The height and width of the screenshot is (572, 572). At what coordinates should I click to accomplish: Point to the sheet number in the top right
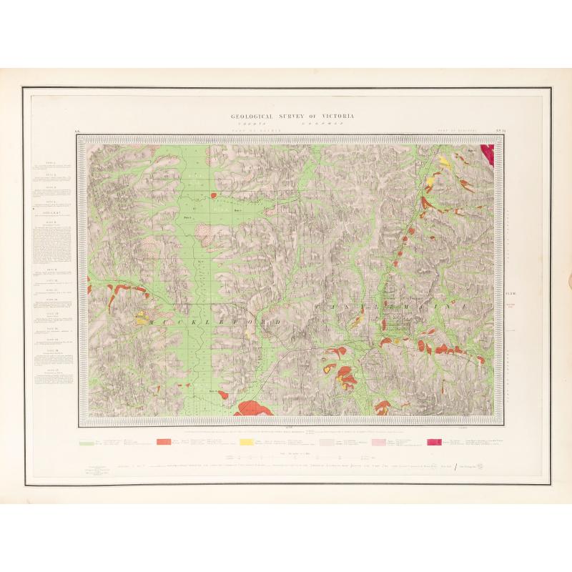click(480, 132)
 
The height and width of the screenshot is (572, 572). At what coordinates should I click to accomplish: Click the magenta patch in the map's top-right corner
click(488, 153)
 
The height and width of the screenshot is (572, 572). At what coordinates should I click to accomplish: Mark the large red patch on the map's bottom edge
click(252, 408)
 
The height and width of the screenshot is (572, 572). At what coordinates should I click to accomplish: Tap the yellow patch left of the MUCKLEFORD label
click(140, 315)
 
